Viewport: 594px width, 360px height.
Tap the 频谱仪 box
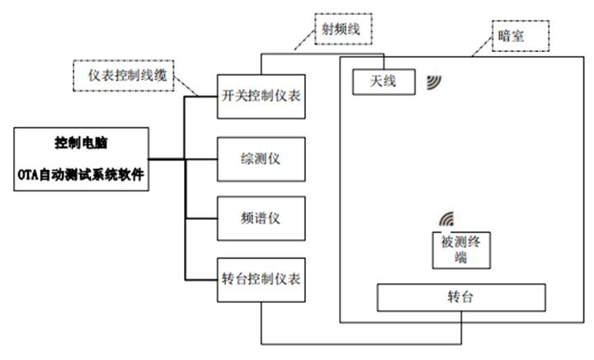tap(262, 218)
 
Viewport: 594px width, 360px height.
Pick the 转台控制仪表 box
tap(262, 278)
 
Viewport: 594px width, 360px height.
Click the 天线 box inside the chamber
tap(384, 81)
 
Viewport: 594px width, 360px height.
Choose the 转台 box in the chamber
tap(461, 297)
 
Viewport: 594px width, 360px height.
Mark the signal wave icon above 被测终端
tap(446, 220)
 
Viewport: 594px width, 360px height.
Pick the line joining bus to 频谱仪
tap(201, 218)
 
